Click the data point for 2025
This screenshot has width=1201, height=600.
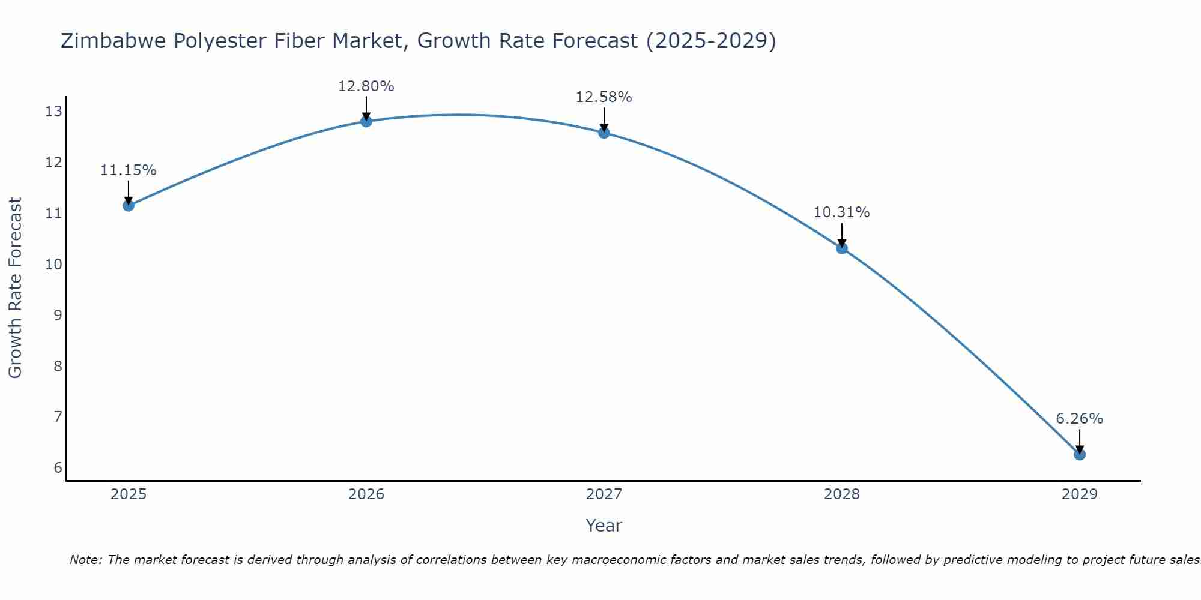(129, 206)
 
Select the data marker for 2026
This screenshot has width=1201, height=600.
(366, 121)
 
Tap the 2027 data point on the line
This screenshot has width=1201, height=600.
(604, 133)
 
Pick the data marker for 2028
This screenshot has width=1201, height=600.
(842, 248)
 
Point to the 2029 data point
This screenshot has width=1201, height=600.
(1080, 455)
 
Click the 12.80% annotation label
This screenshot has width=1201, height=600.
(366, 86)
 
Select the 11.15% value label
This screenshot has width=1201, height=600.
(128, 170)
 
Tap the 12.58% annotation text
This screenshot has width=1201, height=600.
(604, 97)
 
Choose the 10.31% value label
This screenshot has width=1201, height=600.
(841, 212)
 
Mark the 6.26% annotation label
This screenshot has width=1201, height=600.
(1079, 419)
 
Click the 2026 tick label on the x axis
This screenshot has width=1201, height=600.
(366, 494)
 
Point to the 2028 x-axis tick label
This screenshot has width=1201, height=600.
(842, 494)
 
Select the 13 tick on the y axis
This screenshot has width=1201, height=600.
(53, 112)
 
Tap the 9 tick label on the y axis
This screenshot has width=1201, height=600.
(58, 315)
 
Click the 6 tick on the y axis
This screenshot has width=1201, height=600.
(58, 468)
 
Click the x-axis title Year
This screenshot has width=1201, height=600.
(604, 526)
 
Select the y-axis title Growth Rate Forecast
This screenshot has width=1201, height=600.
(15, 287)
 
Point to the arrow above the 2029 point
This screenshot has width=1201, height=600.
(1080, 441)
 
